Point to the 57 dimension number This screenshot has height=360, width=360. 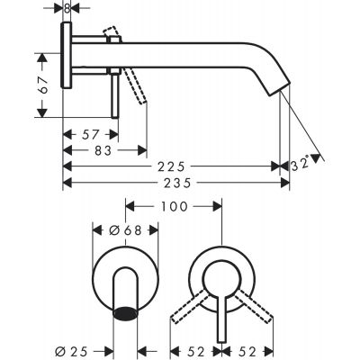[x=89, y=132]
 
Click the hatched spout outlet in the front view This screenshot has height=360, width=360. [x=127, y=312]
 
